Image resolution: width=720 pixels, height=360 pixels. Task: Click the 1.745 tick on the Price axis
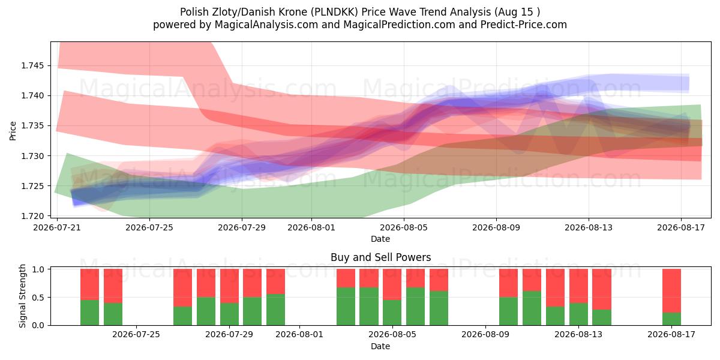point(34,66)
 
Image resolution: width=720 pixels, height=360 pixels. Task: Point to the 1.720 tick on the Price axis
point(34,216)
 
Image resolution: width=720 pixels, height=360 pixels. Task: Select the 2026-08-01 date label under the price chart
point(311,227)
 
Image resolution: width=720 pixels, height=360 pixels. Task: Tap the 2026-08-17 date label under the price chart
point(681,227)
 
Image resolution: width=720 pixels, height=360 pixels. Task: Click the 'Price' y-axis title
point(13,131)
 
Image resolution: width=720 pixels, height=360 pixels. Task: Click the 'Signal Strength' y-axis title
point(22,296)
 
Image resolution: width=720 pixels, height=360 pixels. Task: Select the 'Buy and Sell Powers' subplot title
point(380,257)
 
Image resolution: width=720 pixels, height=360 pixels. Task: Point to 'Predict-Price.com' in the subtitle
point(524,25)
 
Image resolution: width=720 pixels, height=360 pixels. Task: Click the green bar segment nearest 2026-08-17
point(671,319)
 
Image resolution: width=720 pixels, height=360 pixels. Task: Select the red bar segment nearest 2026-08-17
point(671,290)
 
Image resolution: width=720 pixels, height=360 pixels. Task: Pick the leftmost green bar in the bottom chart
point(89,313)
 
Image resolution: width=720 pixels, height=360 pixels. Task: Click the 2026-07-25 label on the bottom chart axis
point(136,335)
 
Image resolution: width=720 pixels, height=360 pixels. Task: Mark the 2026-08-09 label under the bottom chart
point(485,335)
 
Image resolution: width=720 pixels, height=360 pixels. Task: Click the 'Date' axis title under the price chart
point(380,239)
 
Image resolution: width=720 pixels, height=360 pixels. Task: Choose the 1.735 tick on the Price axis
point(34,126)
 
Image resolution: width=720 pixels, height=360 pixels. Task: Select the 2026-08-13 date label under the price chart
point(589,227)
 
